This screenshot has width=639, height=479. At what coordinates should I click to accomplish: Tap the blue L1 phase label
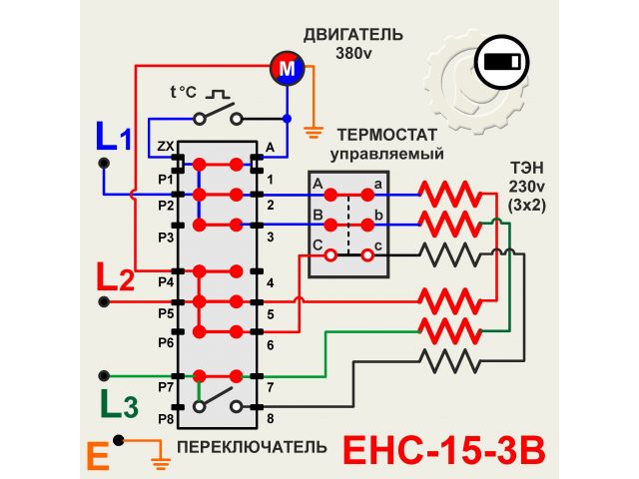click(x=113, y=136)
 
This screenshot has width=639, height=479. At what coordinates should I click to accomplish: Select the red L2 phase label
click(x=115, y=276)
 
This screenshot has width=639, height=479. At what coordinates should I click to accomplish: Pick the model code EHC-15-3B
click(x=445, y=449)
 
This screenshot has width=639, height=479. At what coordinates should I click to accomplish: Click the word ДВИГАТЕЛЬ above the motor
click(x=355, y=36)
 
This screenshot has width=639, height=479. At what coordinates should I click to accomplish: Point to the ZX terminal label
click(x=165, y=148)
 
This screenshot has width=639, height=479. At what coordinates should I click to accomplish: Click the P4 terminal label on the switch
click(x=165, y=282)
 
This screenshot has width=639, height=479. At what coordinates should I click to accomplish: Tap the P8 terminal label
click(x=165, y=418)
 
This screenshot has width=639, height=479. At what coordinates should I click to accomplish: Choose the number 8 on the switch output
click(x=270, y=418)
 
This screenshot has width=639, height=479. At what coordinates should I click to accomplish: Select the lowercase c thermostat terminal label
click(x=379, y=245)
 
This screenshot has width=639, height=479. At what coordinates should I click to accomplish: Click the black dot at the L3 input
click(x=102, y=376)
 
